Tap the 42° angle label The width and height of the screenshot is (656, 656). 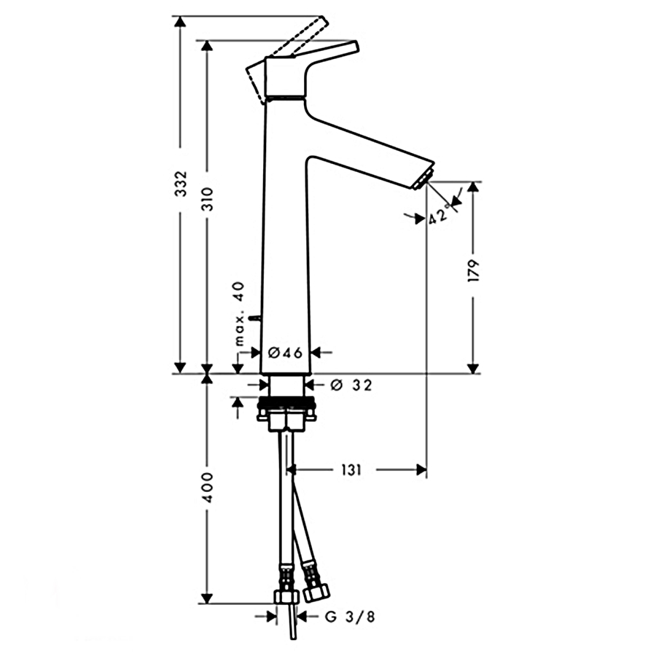pos(439,215)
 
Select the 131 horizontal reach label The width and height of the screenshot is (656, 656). pos(350,471)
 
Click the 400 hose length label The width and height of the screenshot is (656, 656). pos(208,488)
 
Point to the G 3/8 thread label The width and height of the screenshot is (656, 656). pos(349,617)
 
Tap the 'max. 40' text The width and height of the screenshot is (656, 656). pos(239,313)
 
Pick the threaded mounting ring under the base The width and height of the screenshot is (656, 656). pos(286,402)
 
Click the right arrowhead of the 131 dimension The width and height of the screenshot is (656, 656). pos(421,470)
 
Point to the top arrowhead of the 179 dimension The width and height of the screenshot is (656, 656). pos(473,187)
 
